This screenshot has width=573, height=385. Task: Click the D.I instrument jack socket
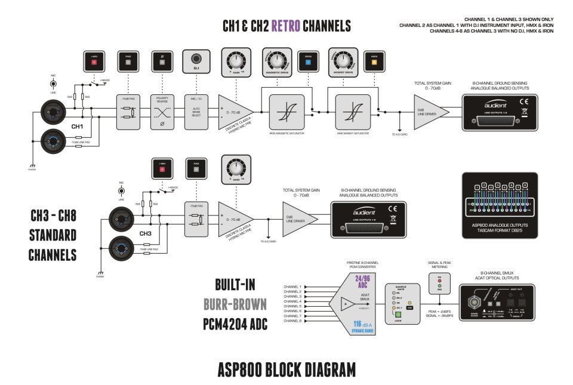pos(196,59)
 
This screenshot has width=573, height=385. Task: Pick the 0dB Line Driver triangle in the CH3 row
pos(295,218)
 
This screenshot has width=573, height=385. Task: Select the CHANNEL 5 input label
pos(292,306)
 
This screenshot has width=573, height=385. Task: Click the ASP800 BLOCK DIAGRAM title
pos(286,369)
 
